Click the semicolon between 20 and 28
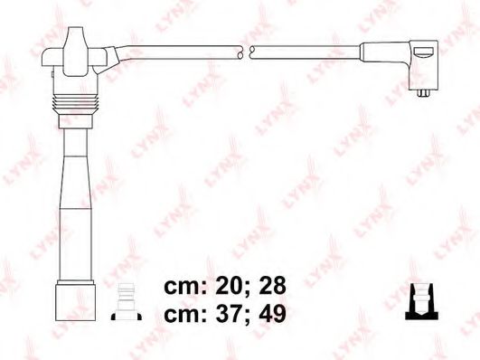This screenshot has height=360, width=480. [244, 289]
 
